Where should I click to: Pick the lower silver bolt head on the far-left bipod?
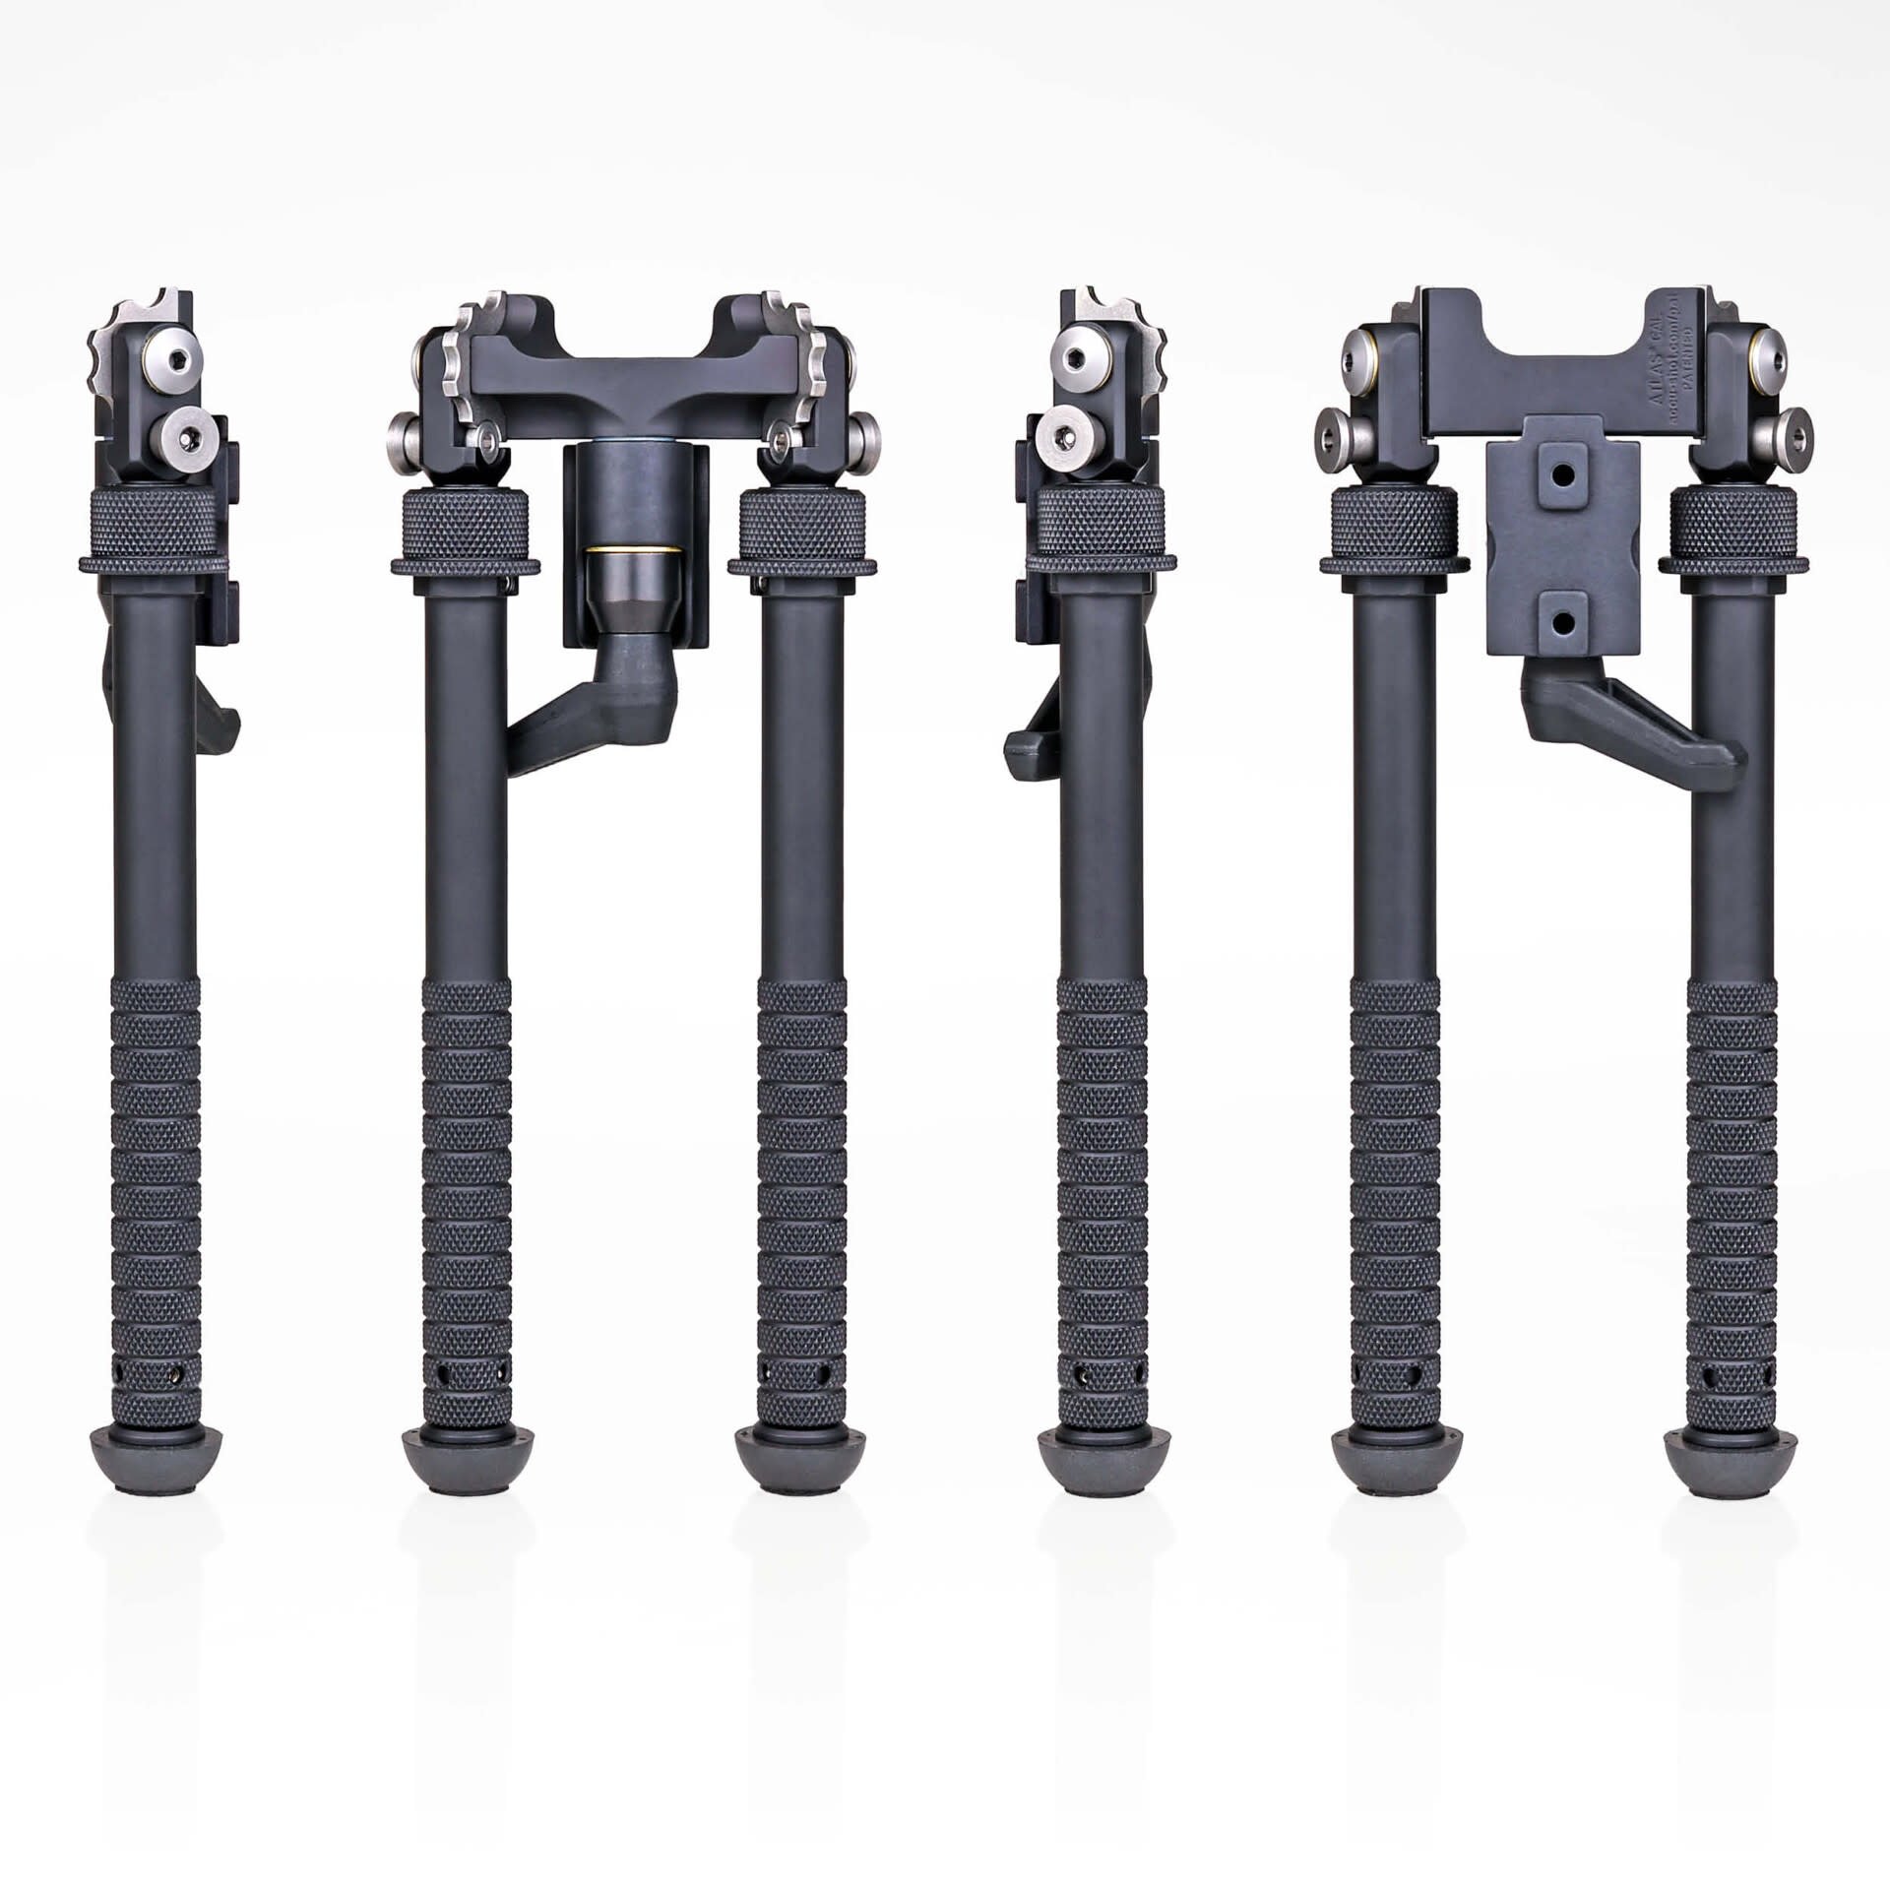click(186, 433)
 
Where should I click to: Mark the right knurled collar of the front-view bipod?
click(803, 532)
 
